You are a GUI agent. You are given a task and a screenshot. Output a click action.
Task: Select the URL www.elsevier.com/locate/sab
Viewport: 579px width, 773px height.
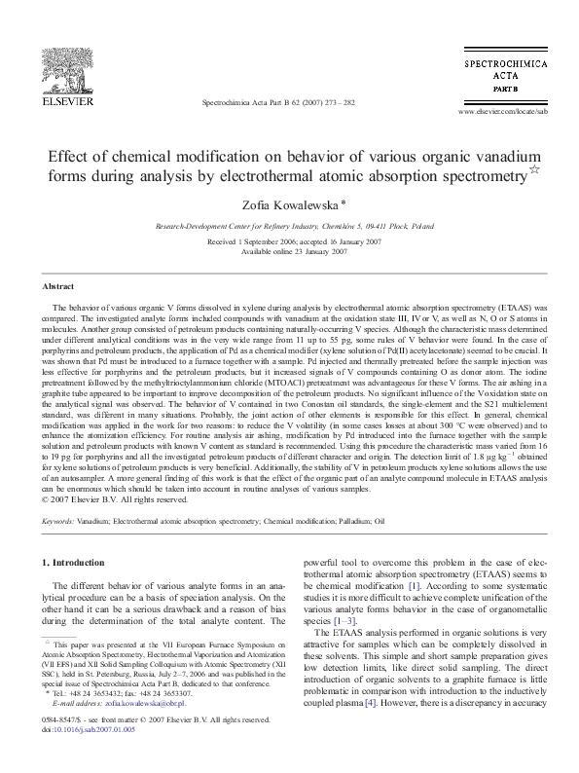point(496,112)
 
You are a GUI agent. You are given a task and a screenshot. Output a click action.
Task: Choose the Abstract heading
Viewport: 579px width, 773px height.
point(58,287)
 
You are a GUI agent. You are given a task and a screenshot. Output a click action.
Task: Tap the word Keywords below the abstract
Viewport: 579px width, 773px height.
point(59,522)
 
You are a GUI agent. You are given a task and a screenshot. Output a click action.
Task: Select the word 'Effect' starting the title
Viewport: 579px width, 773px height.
point(72,156)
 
